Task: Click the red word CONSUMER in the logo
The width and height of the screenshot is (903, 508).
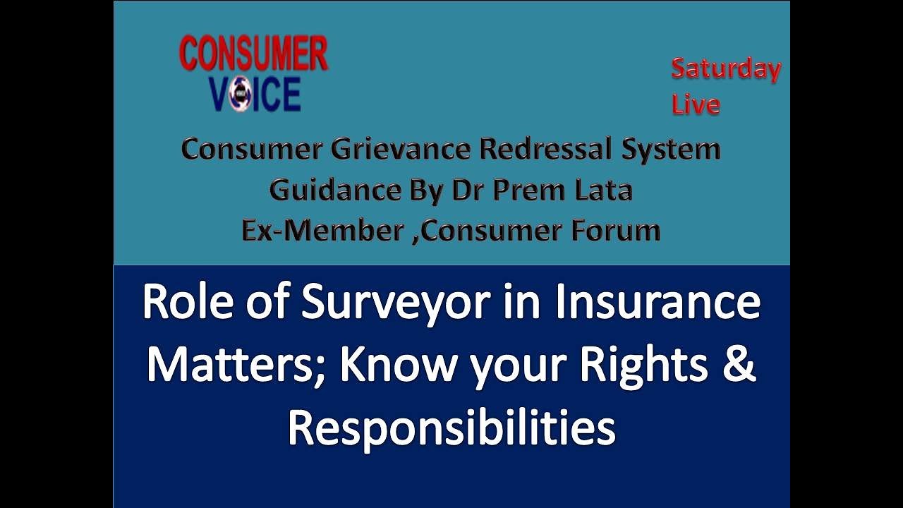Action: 253,54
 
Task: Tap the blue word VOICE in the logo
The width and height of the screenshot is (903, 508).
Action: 255,94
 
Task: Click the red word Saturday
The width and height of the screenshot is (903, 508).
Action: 725,69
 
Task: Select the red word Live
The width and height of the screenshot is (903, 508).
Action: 696,104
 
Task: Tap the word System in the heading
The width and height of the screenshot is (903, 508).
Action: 671,150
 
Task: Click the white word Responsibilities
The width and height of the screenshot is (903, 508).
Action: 451,428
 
